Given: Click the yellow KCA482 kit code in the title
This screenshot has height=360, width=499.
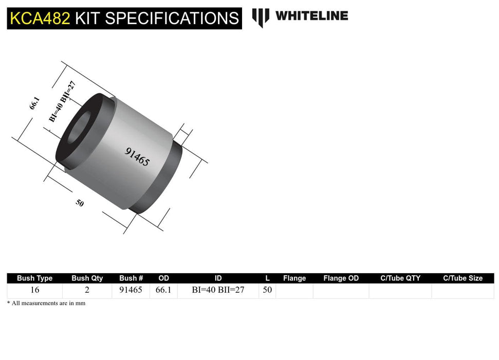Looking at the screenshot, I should tap(39, 18).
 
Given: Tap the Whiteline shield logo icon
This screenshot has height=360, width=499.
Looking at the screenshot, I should tap(261, 17).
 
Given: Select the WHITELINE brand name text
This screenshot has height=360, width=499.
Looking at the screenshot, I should tap(311, 16).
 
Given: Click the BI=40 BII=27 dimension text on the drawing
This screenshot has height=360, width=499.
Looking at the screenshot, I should tap(66, 101).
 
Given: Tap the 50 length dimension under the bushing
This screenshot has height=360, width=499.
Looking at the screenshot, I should tap(80, 203).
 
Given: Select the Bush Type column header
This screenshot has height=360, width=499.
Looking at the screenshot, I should tap(34, 278).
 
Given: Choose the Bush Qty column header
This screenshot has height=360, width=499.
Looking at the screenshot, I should tap(87, 278).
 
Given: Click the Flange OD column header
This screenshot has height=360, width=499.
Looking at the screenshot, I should tap(341, 278).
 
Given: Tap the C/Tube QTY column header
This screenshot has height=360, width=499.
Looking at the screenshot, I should tap(400, 278).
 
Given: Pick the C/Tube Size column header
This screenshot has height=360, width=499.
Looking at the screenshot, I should tap(463, 278).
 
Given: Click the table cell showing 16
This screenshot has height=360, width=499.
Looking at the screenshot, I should tap(34, 290).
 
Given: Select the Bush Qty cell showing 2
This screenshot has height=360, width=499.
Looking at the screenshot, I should tap(87, 290).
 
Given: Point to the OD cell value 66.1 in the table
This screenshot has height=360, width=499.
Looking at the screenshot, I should tap(163, 290).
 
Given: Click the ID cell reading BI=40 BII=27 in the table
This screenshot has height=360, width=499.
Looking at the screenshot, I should tap(218, 290).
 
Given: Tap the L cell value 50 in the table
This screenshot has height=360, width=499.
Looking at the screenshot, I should tap(267, 290).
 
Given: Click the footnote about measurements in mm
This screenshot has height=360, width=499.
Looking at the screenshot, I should tap(46, 303).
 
